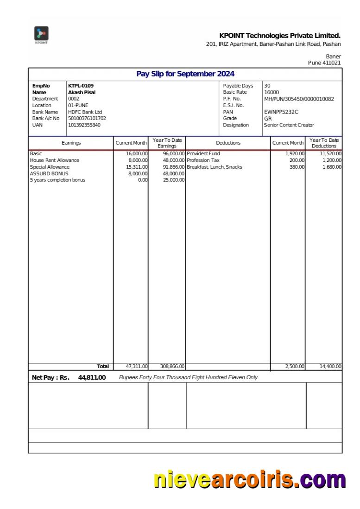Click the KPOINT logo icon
click(41, 34)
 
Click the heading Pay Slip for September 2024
click(185, 74)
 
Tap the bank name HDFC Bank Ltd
click(85, 112)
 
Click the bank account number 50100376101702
click(87, 118)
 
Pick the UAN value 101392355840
click(83, 125)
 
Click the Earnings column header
click(71, 143)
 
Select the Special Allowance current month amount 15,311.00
click(136, 167)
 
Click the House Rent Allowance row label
click(55, 160)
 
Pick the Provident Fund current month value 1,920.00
click(295, 153)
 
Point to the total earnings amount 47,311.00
click(136, 367)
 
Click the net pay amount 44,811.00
click(92, 377)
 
